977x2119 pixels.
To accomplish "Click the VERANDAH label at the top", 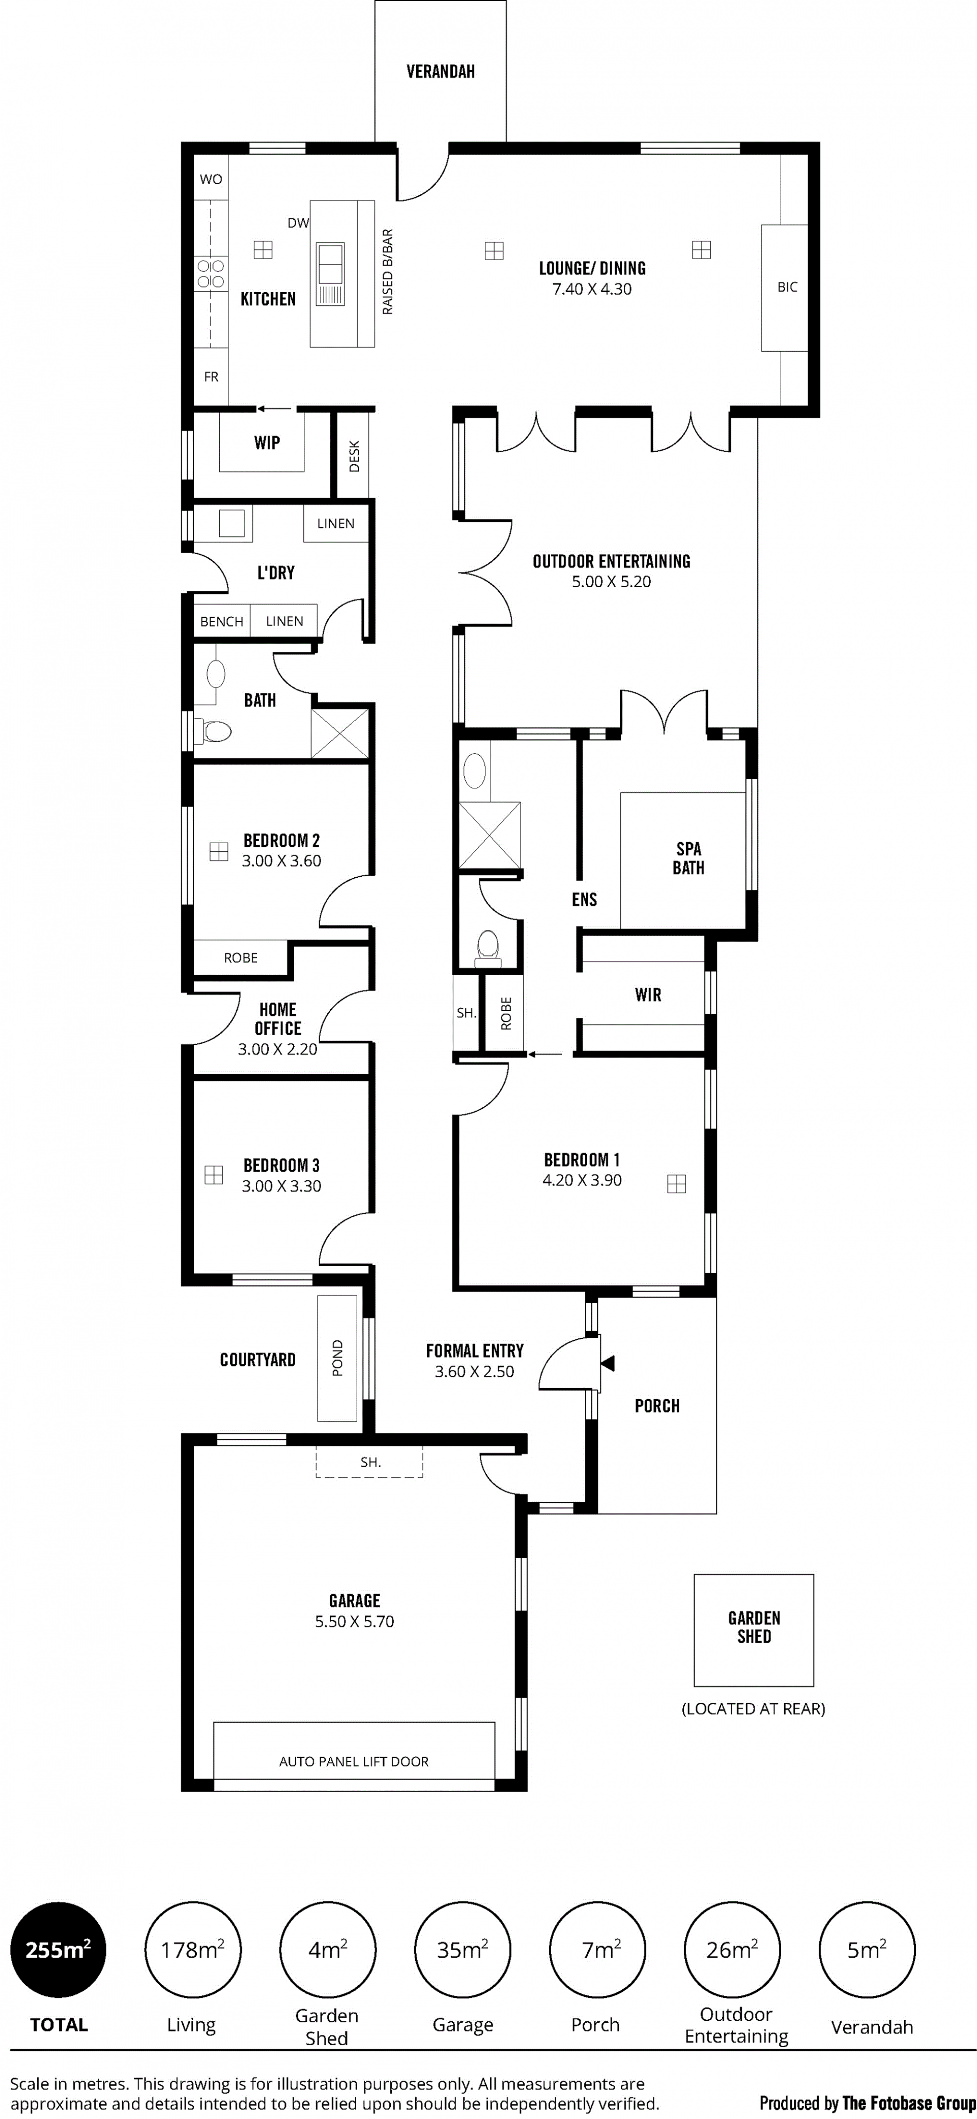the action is (x=440, y=72).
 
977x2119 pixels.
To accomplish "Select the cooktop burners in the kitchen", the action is (x=211, y=274).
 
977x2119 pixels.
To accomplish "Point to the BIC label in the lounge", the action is (x=787, y=287).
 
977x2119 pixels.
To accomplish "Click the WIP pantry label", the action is (x=267, y=443).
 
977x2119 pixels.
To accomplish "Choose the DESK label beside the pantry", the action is (x=355, y=456).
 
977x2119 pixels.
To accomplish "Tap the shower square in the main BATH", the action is (x=339, y=732).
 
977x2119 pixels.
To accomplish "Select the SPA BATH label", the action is (x=688, y=858).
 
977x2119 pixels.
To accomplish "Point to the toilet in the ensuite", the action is (x=487, y=948).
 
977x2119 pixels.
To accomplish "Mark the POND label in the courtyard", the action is (x=337, y=1358).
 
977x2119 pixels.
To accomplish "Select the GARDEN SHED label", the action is (x=754, y=1627).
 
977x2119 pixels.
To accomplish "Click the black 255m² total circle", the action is (x=59, y=1950).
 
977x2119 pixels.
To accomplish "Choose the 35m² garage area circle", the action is (x=462, y=1950).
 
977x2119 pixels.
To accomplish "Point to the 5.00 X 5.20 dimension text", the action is (x=611, y=582).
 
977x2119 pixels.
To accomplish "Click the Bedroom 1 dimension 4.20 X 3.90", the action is (x=582, y=1181).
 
